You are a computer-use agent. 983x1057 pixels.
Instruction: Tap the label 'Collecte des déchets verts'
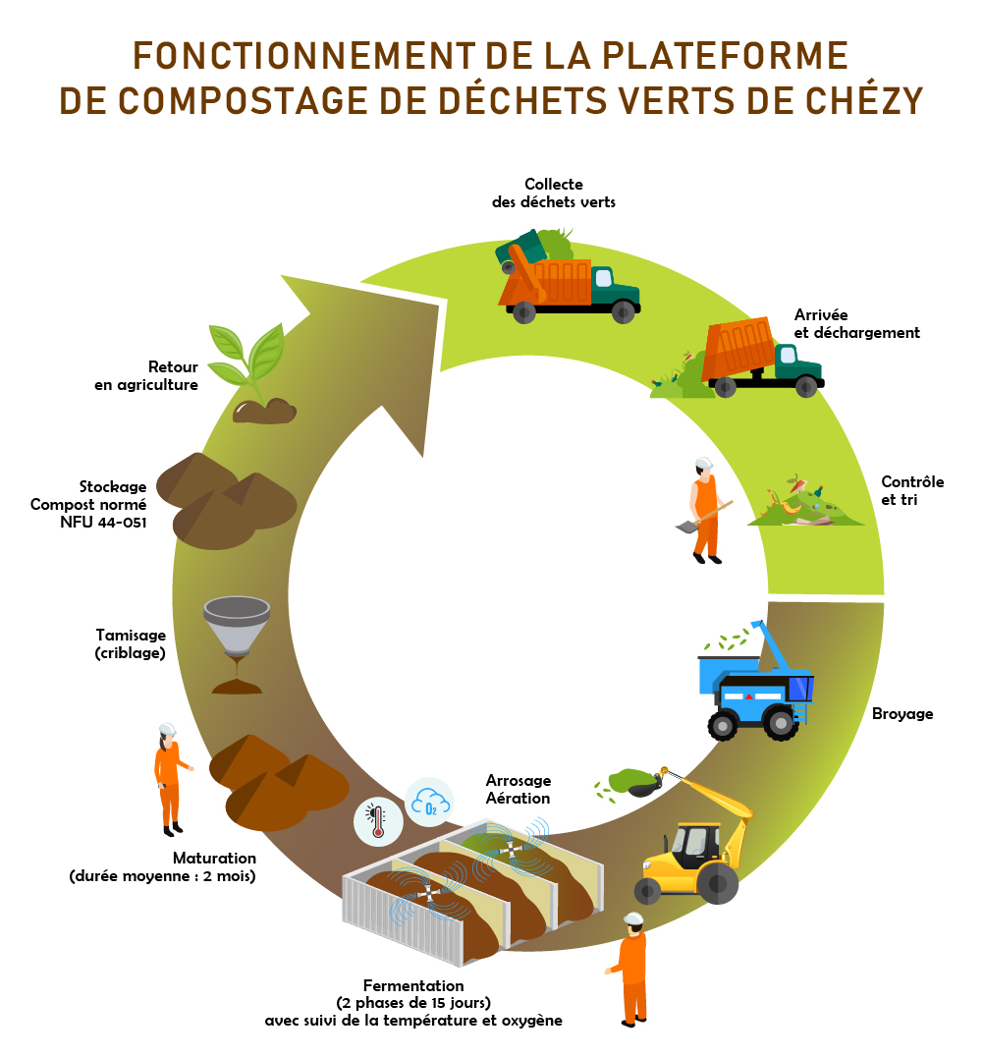point(553,193)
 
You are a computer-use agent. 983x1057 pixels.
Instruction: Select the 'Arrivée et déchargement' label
point(856,324)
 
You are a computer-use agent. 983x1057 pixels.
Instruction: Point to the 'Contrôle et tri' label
point(912,490)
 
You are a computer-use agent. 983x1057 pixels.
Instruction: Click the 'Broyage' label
point(902,713)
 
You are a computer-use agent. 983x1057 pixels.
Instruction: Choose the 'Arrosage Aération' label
point(518,789)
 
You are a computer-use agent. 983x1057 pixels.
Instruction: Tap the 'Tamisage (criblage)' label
point(131,643)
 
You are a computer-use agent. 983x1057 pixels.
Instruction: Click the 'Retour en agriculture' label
point(146,376)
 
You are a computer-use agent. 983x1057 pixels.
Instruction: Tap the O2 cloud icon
point(430,803)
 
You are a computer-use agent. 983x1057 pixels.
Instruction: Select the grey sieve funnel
point(236,629)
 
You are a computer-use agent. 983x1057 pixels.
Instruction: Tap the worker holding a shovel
point(705,509)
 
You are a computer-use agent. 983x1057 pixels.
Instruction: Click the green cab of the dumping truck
point(796,364)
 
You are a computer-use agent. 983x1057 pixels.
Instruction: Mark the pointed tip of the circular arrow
point(438,305)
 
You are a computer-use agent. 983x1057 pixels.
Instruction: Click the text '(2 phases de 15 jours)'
point(413,1003)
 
